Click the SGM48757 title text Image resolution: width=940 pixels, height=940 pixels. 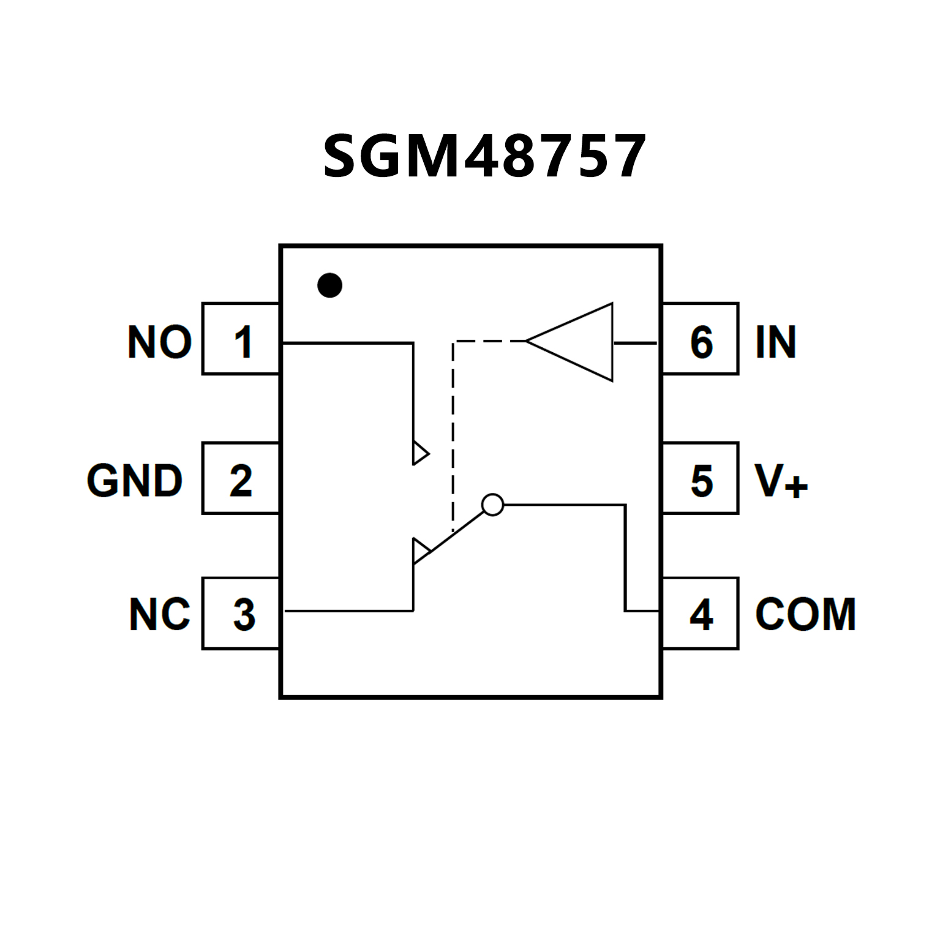click(484, 157)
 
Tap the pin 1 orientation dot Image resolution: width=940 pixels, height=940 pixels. click(329, 285)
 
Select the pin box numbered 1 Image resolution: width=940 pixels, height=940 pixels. click(241, 339)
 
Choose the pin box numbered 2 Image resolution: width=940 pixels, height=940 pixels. click(241, 478)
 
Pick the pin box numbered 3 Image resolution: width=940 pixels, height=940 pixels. click(241, 613)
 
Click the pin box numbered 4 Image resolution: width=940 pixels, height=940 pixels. click(701, 613)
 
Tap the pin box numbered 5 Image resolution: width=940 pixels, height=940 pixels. click(701, 478)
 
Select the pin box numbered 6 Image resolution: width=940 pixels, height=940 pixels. click(701, 339)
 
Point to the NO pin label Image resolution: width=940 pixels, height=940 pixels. click(159, 342)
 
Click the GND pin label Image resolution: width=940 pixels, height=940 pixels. click(135, 481)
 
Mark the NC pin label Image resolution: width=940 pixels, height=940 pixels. click(159, 614)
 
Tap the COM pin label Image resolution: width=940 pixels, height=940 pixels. click(805, 614)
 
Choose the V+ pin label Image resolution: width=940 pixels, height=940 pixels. click(781, 481)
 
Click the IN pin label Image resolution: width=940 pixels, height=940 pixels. click(775, 342)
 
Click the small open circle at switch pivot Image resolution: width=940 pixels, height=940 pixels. click(492, 505)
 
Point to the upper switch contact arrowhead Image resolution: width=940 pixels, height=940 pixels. click(420, 453)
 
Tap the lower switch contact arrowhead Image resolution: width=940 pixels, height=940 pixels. click(420, 550)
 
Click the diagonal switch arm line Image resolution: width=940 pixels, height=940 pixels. click(456, 532)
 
